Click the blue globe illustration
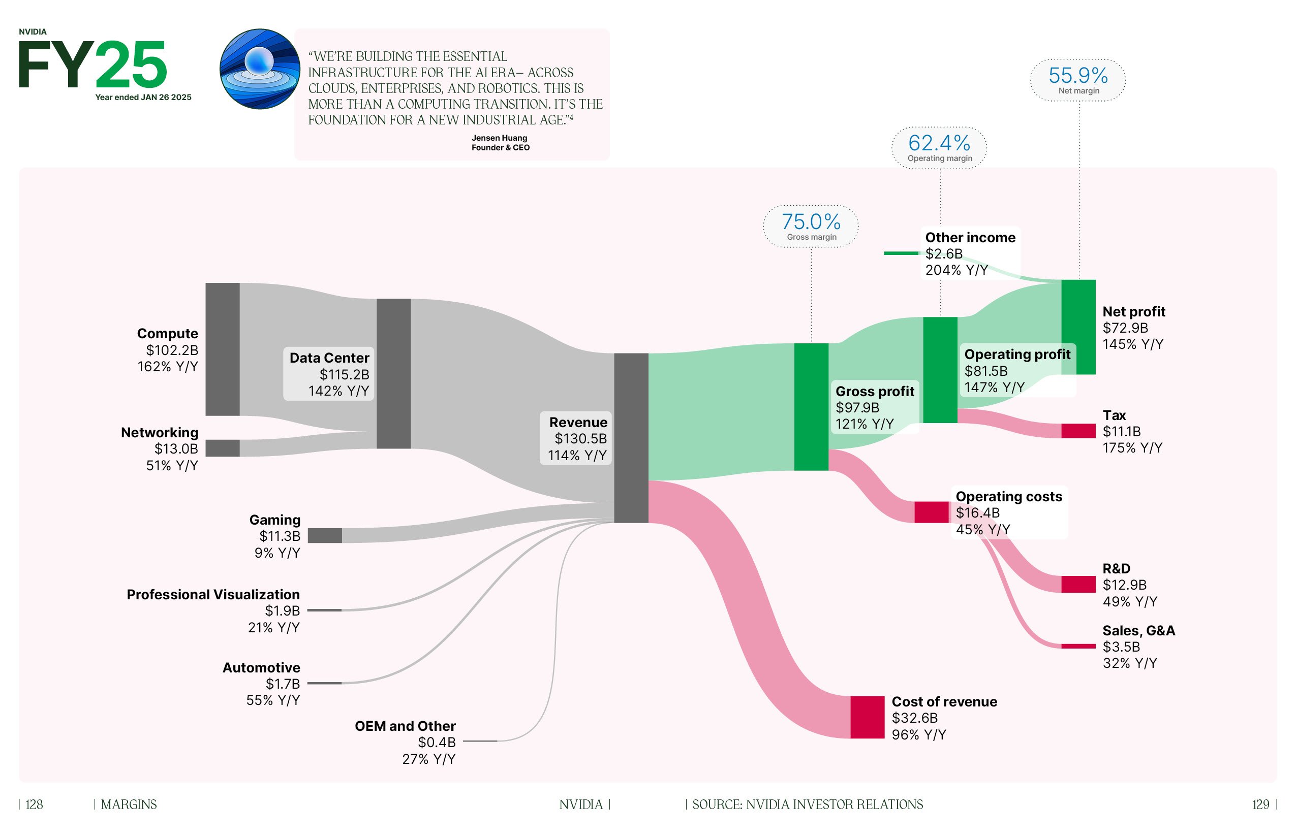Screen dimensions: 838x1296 tap(260, 69)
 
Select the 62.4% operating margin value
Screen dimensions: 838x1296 tap(939, 143)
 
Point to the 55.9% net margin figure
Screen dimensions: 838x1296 tap(1077, 75)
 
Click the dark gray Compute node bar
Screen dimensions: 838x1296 tap(222, 349)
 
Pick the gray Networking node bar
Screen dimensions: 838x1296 tap(222, 448)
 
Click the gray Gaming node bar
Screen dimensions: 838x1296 tap(325, 535)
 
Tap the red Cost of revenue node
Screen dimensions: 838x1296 tap(867, 717)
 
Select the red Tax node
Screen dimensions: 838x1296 tap(1078, 431)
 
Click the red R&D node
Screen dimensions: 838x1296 tap(1078, 584)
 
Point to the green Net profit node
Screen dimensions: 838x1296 tap(1078, 327)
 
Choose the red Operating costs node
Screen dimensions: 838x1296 tap(931, 512)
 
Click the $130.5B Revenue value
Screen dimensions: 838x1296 tap(580, 439)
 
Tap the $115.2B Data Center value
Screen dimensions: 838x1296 tap(344, 374)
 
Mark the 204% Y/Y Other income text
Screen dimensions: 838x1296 tap(956, 270)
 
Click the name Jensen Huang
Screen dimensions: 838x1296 tap(499, 138)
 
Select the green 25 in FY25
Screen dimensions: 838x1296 tap(131, 66)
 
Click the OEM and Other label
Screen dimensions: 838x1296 tap(405, 726)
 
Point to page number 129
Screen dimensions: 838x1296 tap(1260, 804)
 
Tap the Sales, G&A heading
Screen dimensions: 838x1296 tap(1138, 631)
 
